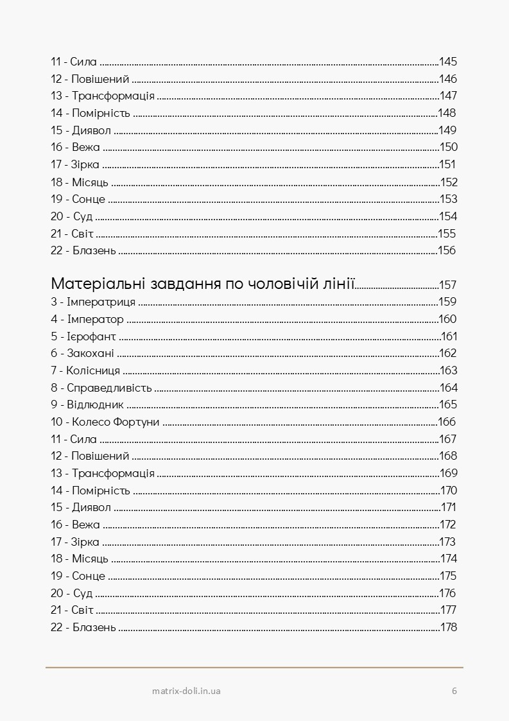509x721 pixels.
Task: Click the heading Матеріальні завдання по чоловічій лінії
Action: pos(203,284)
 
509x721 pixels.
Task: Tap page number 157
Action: pos(447,285)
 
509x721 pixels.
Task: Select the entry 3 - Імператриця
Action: pos(92,302)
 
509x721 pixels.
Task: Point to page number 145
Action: pos(447,62)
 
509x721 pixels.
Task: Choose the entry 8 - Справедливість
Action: pos(101,388)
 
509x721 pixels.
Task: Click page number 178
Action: pos(448,627)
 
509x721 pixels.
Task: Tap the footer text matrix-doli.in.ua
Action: pos(187,691)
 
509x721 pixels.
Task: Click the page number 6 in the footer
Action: pos(454,691)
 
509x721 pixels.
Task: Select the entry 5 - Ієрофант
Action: pos(83,336)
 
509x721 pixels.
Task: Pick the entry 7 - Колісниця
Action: pos(85,370)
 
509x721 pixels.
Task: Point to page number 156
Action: pos(447,250)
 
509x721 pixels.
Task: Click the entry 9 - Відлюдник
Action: pos(87,404)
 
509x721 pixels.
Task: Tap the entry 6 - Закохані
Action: pos(82,353)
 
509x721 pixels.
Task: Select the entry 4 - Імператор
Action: pos(87,319)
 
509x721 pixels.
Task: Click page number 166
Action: pos(447,422)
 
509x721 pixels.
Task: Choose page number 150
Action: pos(448,147)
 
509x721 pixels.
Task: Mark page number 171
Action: pos(448,507)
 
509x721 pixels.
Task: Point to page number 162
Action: pos(448,353)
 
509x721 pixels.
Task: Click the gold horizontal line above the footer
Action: pos(254,668)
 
